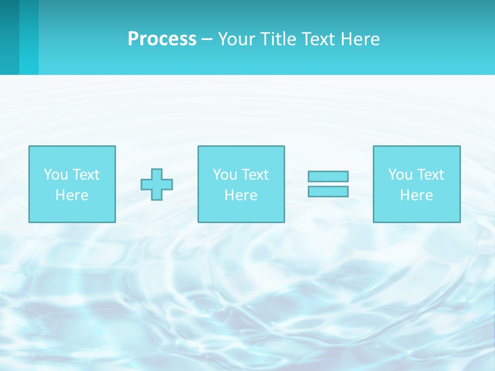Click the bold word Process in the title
click(x=162, y=39)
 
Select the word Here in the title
click(x=360, y=39)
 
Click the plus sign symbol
click(x=157, y=184)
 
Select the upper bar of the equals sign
click(x=328, y=176)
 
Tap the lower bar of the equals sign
click(x=328, y=191)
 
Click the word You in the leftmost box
click(x=56, y=175)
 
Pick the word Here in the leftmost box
click(x=72, y=195)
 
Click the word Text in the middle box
click(x=255, y=175)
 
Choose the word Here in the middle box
click(x=241, y=195)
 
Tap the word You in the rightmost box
click(x=400, y=175)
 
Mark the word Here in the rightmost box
click(x=416, y=195)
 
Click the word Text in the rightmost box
click(x=430, y=175)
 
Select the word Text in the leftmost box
click(x=86, y=175)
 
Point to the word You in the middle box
click(x=225, y=175)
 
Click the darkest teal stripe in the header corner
click(x=9, y=37)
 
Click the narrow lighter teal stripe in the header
click(x=29, y=37)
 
